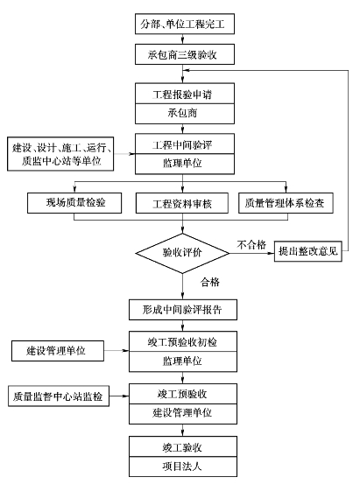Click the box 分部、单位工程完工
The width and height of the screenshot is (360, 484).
point(185,24)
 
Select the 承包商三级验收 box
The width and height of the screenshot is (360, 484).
point(185,54)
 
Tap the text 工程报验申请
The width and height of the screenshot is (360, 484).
point(182,95)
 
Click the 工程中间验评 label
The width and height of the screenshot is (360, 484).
point(182,144)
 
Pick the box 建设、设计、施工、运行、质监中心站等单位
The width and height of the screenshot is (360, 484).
point(60,154)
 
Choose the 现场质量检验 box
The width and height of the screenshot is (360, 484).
point(74,203)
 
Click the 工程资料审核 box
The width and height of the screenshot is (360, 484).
point(182,203)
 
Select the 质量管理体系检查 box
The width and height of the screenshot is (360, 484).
point(286,203)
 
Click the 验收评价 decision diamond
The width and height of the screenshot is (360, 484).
point(182,253)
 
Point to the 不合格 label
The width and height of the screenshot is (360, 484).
point(251,245)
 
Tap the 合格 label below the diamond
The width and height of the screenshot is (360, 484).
point(210,282)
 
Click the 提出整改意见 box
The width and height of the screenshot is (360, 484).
point(308,251)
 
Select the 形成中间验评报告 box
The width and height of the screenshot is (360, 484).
point(183,310)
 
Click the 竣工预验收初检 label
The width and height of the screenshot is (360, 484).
point(182,342)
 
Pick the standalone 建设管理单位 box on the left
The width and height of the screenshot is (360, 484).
point(58,351)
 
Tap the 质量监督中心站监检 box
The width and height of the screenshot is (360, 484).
point(59,396)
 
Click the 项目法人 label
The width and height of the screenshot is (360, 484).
point(182,466)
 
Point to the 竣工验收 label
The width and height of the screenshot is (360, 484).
point(182,447)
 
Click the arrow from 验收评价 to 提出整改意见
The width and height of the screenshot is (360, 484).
point(252,253)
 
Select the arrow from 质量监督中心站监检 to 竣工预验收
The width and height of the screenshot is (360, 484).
point(119,396)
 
